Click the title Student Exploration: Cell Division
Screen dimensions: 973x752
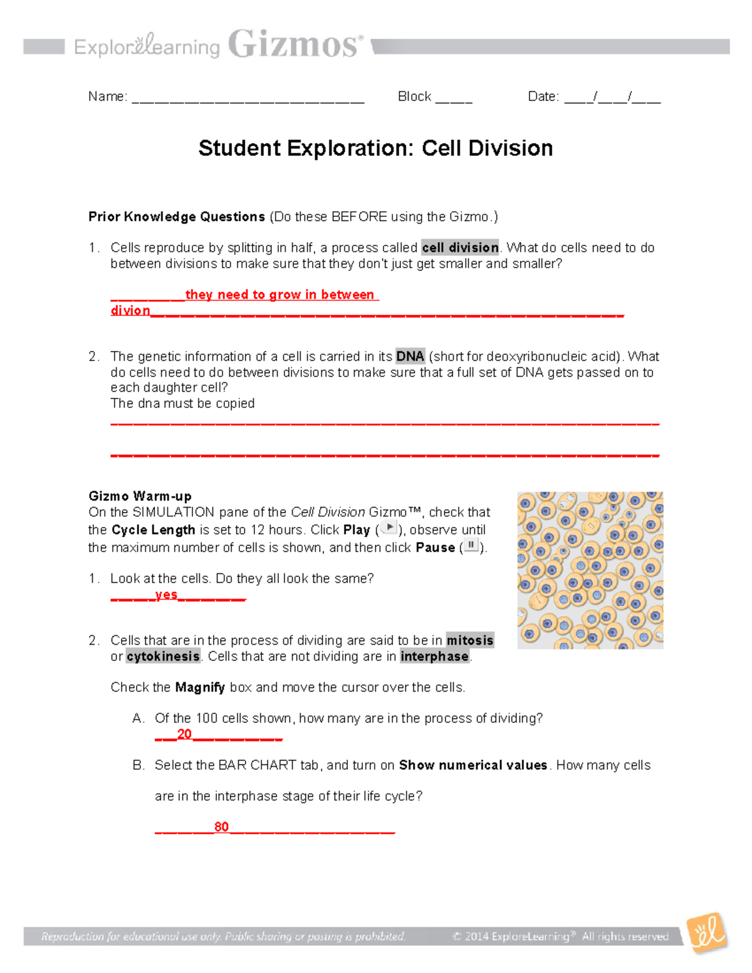click(x=375, y=148)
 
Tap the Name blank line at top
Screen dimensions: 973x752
click(x=248, y=98)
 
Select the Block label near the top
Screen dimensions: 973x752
click(x=414, y=96)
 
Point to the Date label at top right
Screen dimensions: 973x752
click(x=543, y=96)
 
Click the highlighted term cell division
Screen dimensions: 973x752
click(x=460, y=247)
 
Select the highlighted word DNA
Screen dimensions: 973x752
click(x=410, y=356)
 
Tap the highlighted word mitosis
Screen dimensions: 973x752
click(x=469, y=640)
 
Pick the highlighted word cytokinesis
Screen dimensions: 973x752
click(x=163, y=656)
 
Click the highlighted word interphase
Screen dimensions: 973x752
click(x=434, y=656)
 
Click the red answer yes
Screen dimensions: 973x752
click(x=166, y=595)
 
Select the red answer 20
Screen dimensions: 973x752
click(x=184, y=734)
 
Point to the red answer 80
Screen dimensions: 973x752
click(x=221, y=827)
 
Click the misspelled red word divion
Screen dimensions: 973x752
click(x=130, y=311)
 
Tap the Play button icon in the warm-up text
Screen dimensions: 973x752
click(x=389, y=528)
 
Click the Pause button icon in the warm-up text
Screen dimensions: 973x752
click(x=471, y=546)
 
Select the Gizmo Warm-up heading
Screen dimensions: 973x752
click(x=140, y=497)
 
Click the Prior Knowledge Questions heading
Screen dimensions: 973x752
click(x=177, y=217)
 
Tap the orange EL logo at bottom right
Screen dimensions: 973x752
click(x=708, y=933)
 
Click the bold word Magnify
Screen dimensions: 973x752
click(x=200, y=687)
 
